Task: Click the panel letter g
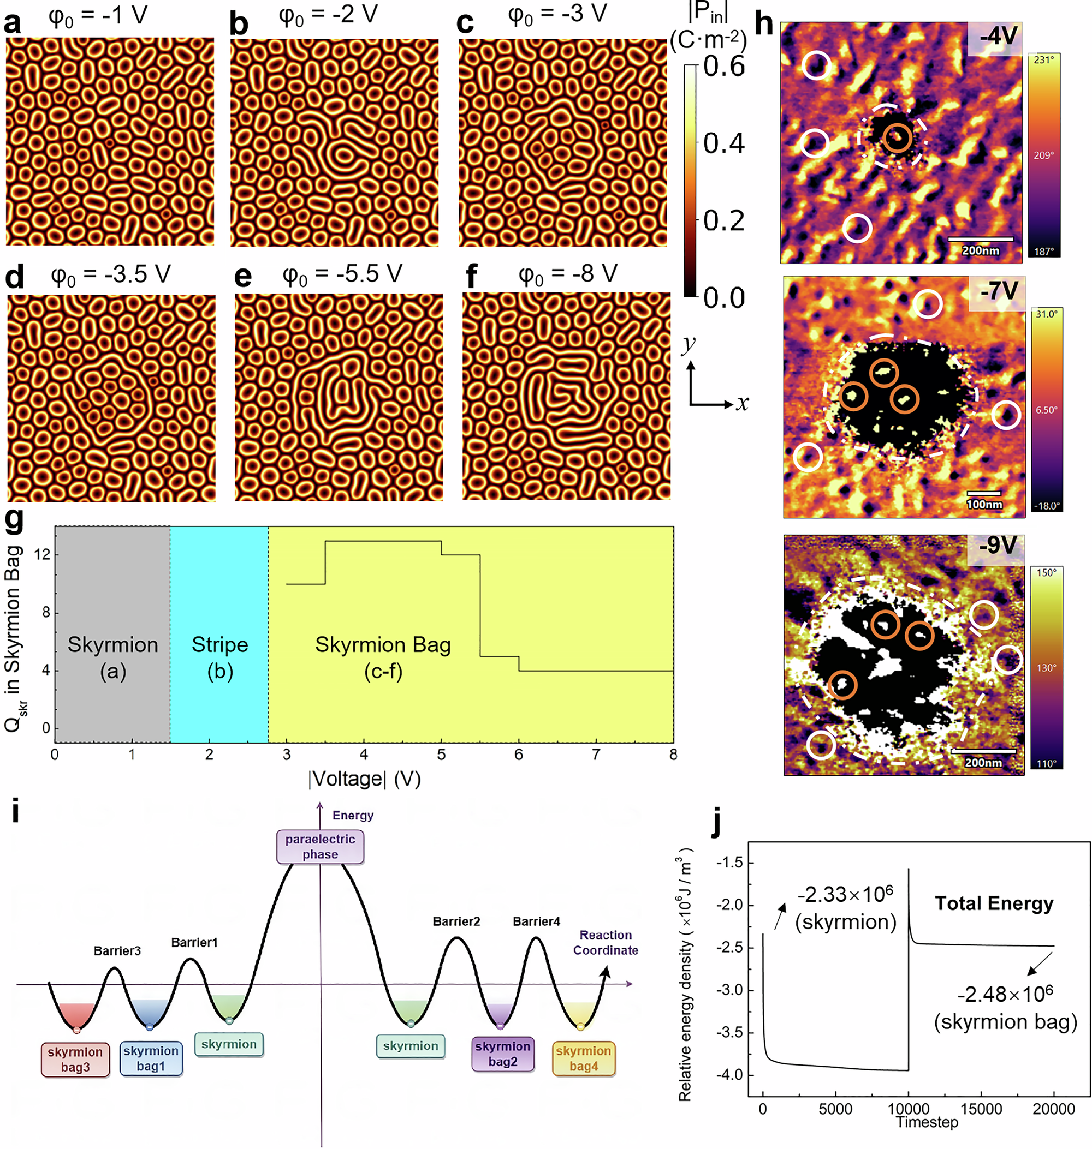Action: pyautogui.click(x=14, y=519)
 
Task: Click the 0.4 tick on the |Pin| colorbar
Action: pyautogui.click(x=723, y=143)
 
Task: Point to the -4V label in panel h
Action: pyautogui.click(x=998, y=37)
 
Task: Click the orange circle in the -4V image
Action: pyautogui.click(x=897, y=138)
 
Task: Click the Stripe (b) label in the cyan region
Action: pyautogui.click(x=220, y=657)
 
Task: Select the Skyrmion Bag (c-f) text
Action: pyautogui.click(x=383, y=657)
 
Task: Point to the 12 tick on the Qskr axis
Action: pyautogui.click(x=42, y=554)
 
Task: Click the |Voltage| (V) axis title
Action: pyautogui.click(x=364, y=779)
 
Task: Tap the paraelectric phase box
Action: pyautogui.click(x=320, y=847)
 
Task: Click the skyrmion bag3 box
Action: pyautogui.click(x=75, y=1059)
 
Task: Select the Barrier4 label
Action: pyautogui.click(x=536, y=921)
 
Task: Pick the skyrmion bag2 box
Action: pyautogui.click(x=502, y=1054)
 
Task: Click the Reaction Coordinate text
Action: pyautogui.click(x=606, y=942)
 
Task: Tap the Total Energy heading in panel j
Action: pyautogui.click(x=994, y=903)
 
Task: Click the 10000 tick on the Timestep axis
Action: pyautogui.click(x=909, y=1109)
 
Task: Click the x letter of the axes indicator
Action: pyautogui.click(x=741, y=403)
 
